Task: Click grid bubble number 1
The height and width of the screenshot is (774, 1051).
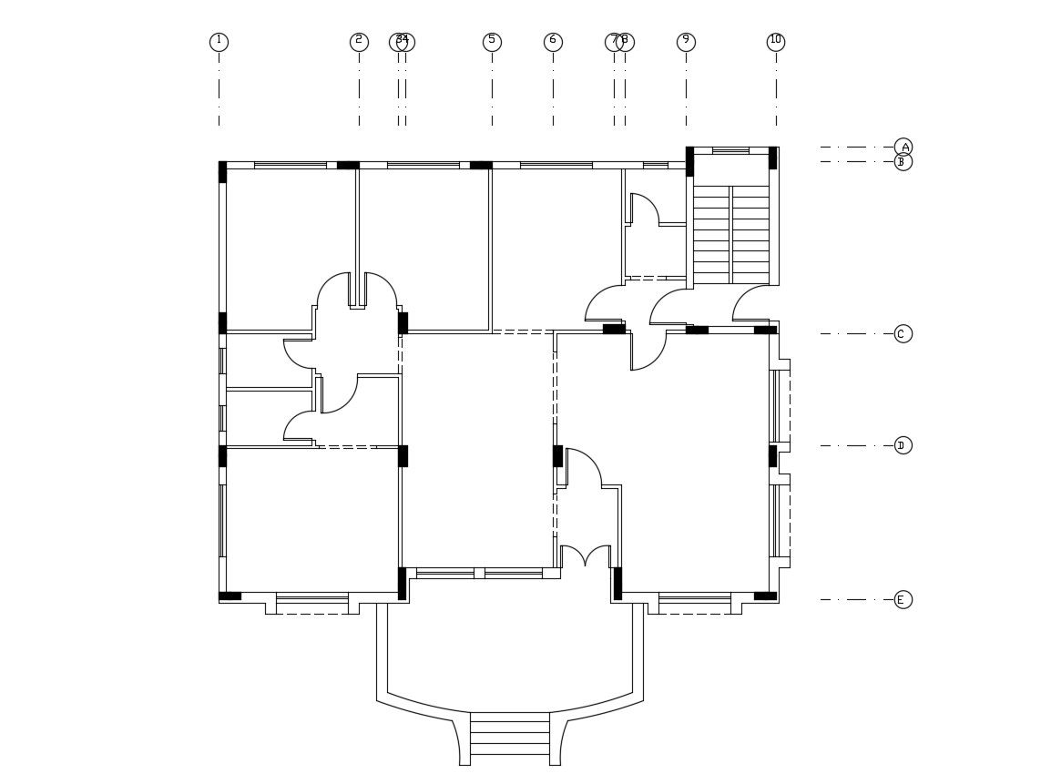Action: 219,42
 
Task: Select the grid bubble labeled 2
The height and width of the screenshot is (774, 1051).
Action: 359,42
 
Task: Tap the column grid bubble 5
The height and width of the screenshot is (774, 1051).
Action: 492,42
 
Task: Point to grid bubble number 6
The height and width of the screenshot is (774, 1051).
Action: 553,42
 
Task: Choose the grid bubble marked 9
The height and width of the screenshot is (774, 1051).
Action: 686,42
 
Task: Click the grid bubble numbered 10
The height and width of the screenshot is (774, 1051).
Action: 776,42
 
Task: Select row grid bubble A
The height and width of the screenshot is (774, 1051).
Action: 903,147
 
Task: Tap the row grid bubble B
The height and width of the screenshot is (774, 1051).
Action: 903,162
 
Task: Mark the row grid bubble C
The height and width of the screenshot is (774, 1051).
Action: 903,333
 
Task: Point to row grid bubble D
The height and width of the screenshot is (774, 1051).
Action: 903,445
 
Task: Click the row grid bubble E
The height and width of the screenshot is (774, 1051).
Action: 903,599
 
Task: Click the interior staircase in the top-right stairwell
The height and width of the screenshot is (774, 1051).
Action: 731,235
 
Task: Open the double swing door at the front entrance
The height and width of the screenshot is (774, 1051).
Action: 585,555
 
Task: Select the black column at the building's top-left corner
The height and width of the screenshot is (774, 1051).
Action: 222,172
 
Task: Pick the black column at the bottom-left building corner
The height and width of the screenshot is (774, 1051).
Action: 230,596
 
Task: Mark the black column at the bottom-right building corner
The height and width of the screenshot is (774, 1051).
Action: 765,596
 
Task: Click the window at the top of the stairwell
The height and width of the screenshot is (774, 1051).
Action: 730,150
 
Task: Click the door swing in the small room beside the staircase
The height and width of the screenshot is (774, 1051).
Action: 644,209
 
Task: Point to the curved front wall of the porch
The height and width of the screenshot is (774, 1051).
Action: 510,707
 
